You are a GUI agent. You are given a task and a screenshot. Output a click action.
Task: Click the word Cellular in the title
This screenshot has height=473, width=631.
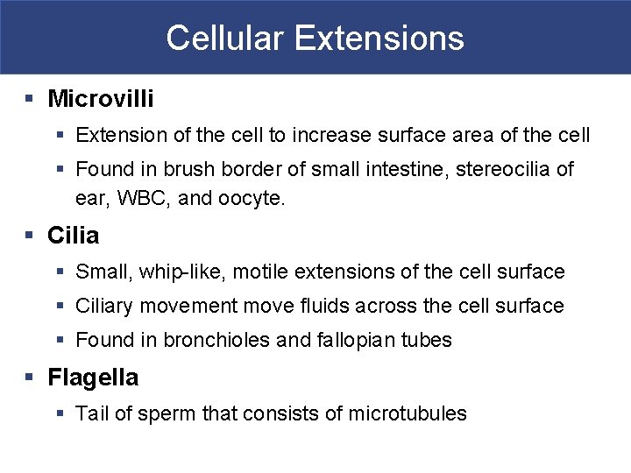pos(224,38)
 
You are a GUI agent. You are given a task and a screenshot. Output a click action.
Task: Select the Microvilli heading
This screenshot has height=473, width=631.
pos(100,99)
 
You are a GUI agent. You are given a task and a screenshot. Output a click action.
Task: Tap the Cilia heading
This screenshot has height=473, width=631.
pos(73,236)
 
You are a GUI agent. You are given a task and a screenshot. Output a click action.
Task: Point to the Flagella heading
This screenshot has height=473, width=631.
pos(93,378)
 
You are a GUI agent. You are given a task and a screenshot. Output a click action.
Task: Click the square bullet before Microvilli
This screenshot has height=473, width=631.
pos(30,99)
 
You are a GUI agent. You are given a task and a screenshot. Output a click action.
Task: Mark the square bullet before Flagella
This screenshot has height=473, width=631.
pos(30,378)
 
